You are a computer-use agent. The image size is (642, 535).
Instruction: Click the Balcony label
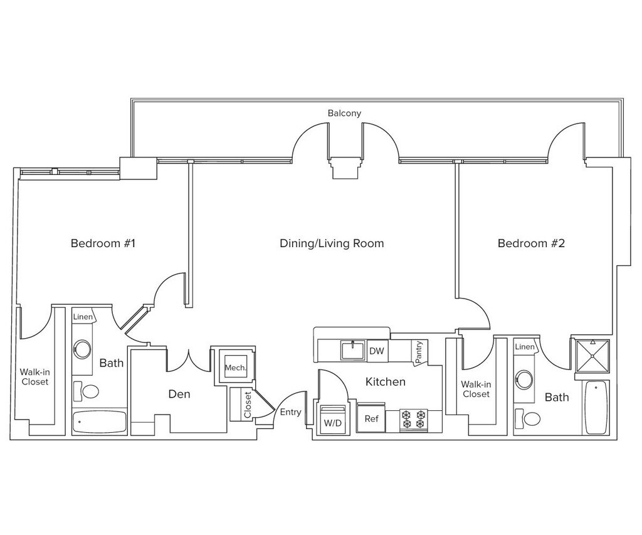[x=344, y=113]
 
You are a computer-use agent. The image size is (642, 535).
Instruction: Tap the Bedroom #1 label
[x=103, y=243]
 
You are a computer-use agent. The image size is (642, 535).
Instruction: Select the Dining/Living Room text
[x=331, y=243]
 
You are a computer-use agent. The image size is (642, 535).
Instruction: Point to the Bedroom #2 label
[x=531, y=243]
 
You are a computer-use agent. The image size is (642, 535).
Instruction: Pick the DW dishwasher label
[x=376, y=351]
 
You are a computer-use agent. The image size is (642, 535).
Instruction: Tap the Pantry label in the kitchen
[x=419, y=352]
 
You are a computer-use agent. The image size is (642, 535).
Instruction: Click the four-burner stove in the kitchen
[x=414, y=420]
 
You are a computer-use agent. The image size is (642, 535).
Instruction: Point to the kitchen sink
[x=353, y=350]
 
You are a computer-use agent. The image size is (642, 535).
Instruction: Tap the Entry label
[x=290, y=412]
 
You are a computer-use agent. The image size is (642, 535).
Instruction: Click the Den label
[x=179, y=395]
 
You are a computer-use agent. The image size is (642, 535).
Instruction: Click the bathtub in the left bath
[x=100, y=421]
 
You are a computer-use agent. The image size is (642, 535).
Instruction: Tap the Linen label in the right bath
[x=525, y=347]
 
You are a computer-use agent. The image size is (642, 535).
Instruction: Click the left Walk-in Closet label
[x=34, y=376]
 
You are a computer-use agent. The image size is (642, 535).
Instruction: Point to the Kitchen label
[x=386, y=381]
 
